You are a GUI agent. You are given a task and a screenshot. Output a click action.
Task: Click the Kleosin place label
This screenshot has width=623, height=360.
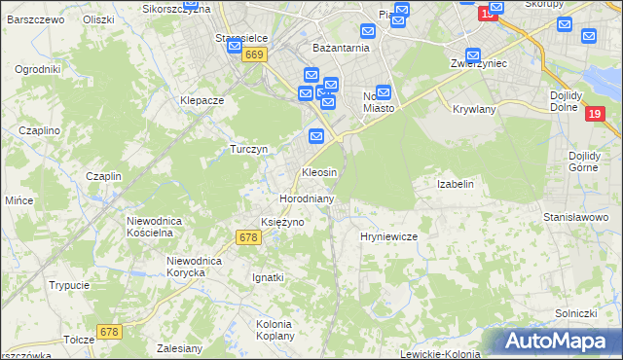pos(319,172)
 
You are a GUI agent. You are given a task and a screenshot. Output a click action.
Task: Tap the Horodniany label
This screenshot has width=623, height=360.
pos(307,198)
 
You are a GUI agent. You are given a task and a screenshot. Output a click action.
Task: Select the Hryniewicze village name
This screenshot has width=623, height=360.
pos(388,236)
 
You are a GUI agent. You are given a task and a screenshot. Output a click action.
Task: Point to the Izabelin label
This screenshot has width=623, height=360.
pos(456,183)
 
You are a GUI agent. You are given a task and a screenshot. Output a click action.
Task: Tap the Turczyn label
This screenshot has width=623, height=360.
pos(248,149)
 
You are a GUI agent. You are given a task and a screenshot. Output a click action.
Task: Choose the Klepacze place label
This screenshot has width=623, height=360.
pos(202,100)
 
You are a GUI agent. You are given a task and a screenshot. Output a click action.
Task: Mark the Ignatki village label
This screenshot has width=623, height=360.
pos(268,277)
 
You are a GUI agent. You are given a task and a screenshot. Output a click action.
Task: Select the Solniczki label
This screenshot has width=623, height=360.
pos(575,312)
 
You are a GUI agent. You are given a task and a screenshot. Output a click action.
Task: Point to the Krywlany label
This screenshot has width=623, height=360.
pos(474,109)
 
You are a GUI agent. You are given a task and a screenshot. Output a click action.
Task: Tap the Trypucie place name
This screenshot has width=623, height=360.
pos(70,285)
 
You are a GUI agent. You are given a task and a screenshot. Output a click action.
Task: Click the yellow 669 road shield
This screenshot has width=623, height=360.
pos(254,56)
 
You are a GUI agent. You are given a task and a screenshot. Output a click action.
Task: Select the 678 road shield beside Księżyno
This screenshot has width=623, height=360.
pos(248,237)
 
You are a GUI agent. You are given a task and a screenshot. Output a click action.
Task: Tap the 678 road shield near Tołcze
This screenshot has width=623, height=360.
pos(109,332)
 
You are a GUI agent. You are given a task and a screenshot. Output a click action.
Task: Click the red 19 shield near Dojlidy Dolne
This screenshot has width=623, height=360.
pos(598,115)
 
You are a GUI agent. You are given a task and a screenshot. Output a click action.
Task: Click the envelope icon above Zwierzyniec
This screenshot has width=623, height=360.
pos(473,56)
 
